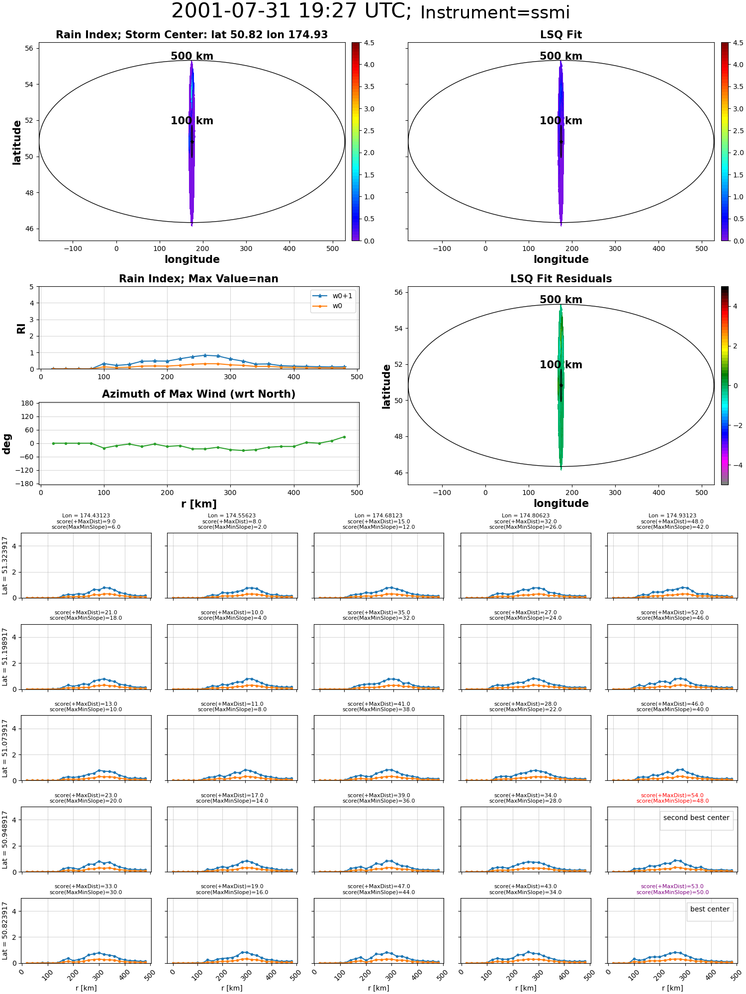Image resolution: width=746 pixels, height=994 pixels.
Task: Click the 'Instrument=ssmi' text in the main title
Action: coord(495,13)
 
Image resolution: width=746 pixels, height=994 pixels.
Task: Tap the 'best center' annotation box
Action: coord(710,910)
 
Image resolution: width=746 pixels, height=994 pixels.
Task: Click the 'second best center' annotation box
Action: coord(696,818)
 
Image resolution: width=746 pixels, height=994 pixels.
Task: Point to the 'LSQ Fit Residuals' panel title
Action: coord(561,279)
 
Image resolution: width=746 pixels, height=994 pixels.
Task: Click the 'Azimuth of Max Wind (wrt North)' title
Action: coord(198,394)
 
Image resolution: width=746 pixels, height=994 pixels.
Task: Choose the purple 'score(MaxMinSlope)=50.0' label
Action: coord(672,893)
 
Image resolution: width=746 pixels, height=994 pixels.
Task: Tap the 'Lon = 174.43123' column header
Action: coord(86,516)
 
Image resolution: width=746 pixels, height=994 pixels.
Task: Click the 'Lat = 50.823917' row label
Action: coord(5,931)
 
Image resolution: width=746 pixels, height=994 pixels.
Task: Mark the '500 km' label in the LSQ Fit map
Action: coord(561,56)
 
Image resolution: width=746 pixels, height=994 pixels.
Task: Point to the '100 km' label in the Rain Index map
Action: coord(192,121)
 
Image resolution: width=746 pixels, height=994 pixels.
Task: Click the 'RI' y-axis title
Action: coord(21,328)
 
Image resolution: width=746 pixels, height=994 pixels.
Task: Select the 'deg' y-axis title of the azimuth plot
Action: coord(7,443)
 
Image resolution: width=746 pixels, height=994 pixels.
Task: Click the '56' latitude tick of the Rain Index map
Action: coord(29,48)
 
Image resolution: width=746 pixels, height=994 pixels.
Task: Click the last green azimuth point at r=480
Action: coord(344,437)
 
